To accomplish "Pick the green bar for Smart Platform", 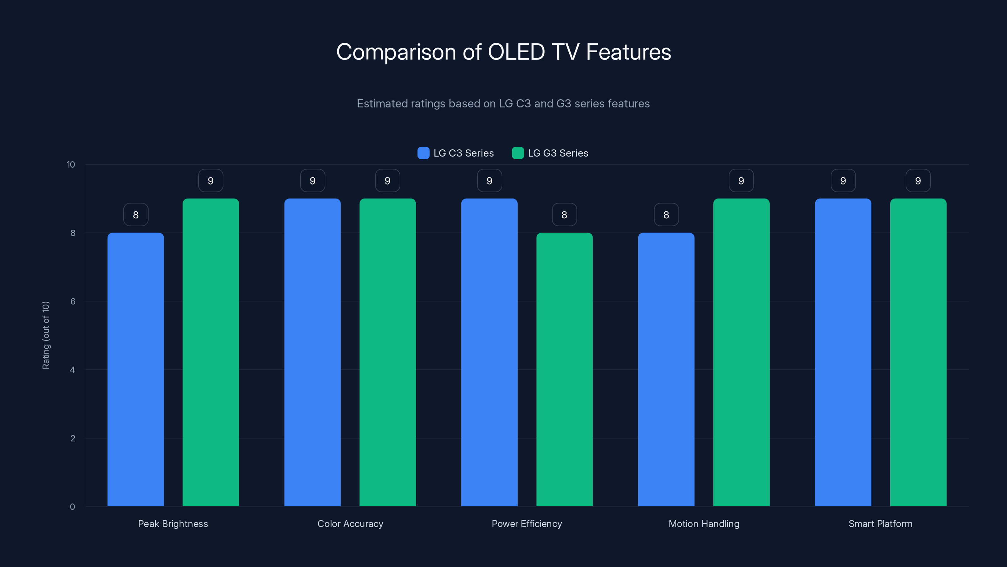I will pos(918,352).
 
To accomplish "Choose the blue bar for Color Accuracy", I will pos(312,352).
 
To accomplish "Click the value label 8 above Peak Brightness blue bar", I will pos(136,215).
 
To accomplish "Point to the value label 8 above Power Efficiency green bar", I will pos(564,215).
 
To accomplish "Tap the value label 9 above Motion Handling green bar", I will pos(741,180).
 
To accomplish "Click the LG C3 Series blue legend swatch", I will pos(423,153).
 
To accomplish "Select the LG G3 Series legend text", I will pos(558,153).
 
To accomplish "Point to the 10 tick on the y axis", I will pos(71,164).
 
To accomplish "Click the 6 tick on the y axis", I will pos(73,301).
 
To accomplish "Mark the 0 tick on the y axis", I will pos(72,507).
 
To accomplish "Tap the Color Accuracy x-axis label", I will pos(350,524).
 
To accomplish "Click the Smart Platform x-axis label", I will pos(880,524).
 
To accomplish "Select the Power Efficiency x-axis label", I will pos(526,524).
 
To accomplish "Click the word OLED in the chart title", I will pos(516,52).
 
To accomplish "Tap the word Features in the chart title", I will pos(628,52).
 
